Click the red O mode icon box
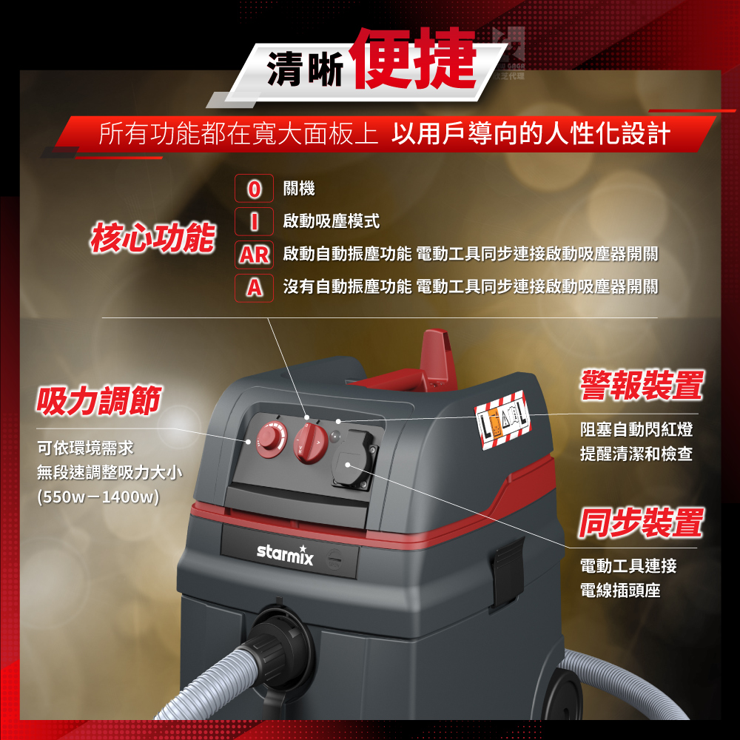click(254, 188)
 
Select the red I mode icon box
click(254, 221)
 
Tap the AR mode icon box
click(254, 255)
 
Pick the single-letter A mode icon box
click(254, 288)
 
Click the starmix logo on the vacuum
click(285, 554)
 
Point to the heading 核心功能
click(152, 238)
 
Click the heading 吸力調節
click(99, 400)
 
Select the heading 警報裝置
click(642, 385)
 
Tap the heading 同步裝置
click(642, 523)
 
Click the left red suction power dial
click(272, 440)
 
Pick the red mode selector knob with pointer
click(311, 443)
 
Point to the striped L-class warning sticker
click(502, 420)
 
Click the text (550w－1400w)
click(98, 497)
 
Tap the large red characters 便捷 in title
click(414, 58)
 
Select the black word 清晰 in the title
click(305, 68)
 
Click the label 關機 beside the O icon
click(299, 188)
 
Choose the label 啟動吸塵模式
click(332, 221)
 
